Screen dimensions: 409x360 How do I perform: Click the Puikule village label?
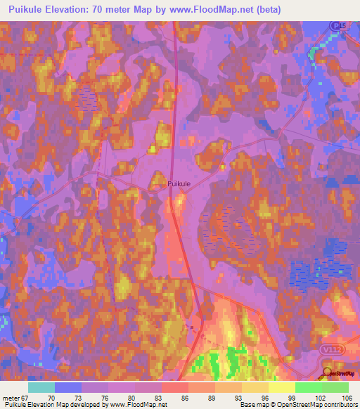pos(179,183)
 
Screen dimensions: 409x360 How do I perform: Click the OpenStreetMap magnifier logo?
pos(326,372)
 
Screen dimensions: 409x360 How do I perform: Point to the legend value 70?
pos(51,398)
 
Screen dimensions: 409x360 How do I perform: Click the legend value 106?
pos(342,398)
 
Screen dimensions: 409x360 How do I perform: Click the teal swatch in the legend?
pos(41,387)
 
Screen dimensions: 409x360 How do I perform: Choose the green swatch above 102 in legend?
pos(308,387)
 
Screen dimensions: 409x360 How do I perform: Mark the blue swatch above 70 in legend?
pos(68,387)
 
